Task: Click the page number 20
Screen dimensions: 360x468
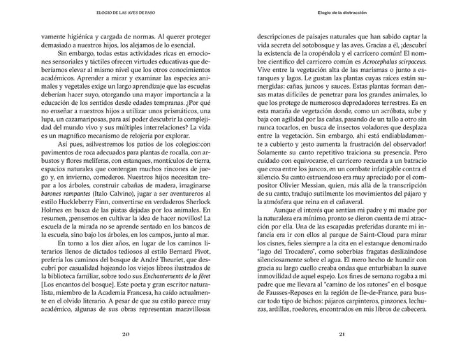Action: (126, 333)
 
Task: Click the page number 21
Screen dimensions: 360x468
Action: (342, 333)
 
